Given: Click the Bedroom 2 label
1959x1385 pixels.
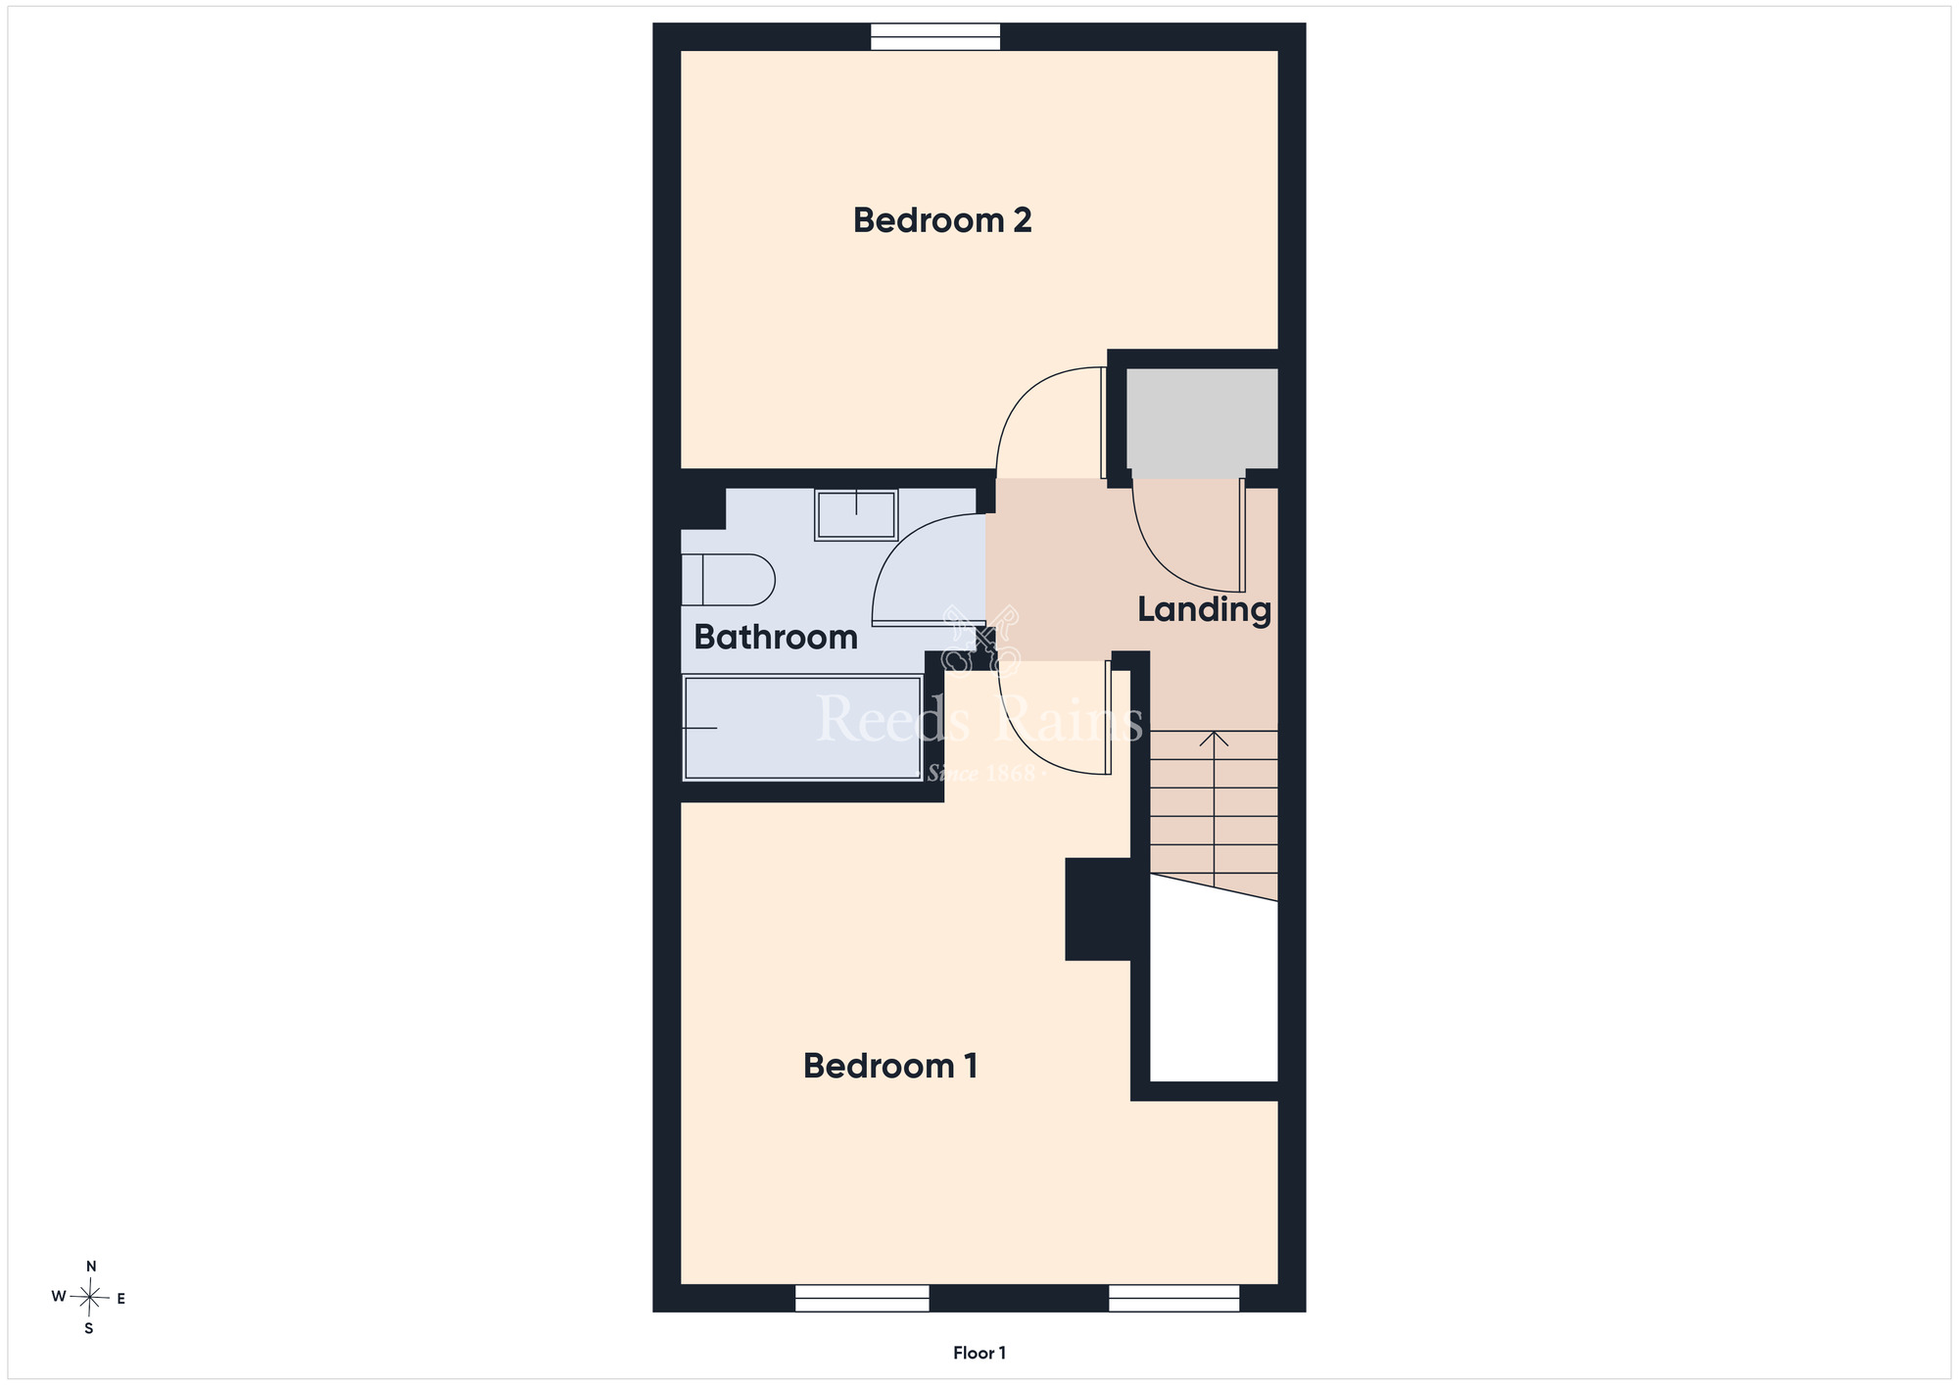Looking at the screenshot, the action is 942,220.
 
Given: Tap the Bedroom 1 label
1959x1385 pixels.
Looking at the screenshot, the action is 890,1066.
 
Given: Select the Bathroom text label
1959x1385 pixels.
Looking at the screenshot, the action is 776,638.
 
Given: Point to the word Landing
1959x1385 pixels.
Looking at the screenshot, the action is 1204,610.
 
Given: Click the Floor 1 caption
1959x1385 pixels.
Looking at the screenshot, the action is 979,1353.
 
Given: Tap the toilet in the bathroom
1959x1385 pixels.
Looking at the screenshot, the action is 728,580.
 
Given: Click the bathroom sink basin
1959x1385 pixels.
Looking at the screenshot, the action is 856,515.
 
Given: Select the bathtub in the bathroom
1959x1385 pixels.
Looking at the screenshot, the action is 802,728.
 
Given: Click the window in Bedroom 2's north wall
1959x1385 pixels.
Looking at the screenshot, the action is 935,36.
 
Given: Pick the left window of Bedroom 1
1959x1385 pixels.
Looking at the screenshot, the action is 862,1298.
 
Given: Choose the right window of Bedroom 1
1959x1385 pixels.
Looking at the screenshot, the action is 1173,1298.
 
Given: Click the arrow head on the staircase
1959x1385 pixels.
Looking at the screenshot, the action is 1214,739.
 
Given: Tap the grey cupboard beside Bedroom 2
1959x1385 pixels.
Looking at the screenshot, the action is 1202,419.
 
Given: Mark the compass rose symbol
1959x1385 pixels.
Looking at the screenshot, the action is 90,1298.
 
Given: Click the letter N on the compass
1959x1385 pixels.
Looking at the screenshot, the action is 91,1266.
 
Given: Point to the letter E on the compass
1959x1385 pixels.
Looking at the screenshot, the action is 121,1299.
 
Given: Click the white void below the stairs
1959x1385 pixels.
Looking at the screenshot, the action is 1214,989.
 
